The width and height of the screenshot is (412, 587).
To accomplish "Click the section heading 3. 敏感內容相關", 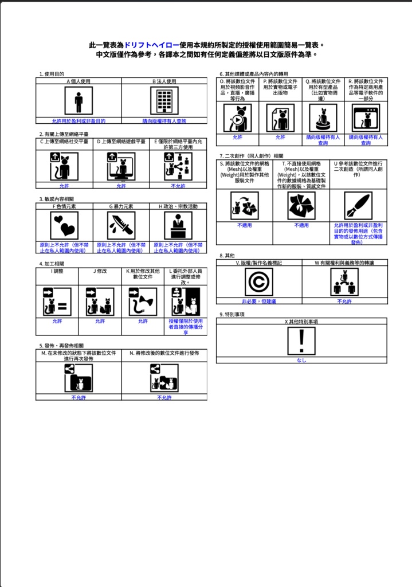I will point(57,199).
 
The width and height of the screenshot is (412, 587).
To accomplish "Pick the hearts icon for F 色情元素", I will point(64,225).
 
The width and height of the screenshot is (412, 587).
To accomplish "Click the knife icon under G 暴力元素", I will point(121,225).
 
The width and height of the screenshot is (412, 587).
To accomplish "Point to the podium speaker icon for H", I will point(178,225).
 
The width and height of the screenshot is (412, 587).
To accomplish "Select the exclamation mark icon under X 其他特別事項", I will point(301,341).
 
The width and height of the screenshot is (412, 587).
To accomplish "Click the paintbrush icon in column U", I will point(358,206).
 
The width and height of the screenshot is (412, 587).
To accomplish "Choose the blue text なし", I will point(301,361).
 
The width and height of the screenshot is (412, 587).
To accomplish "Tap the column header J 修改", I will point(100,271).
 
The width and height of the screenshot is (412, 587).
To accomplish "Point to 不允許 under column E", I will point(178,186).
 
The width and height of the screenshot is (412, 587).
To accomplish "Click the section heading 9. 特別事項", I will point(232,314).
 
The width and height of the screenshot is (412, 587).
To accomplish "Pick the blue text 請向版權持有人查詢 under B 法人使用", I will point(164,121).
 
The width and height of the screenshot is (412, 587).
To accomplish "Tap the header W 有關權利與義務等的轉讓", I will point(344,263).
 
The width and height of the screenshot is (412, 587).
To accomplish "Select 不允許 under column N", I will point(164,397).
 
